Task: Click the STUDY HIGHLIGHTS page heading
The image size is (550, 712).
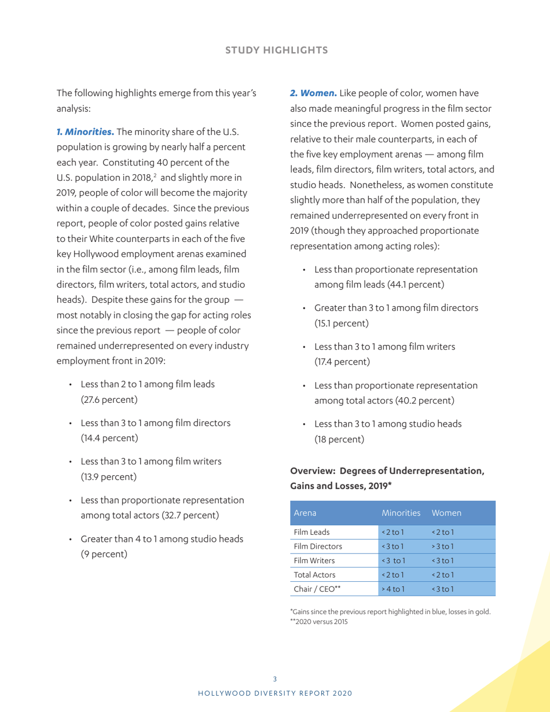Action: click(x=276, y=50)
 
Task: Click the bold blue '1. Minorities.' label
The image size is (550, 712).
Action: click(x=85, y=132)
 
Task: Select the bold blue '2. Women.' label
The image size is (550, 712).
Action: click(x=313, y=93)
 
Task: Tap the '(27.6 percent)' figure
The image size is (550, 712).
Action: click(x=109, y=399)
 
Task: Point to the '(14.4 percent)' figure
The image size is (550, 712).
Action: click(x=109, y=438)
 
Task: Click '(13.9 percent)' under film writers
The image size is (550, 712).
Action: click(x=109, y=477)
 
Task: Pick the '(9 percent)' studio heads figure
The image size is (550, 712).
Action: click(x=104, y=554)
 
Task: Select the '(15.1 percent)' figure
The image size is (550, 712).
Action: click(x=342, y=323)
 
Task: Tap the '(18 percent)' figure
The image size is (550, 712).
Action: click(x=339, y=439)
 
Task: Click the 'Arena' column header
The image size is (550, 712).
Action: click(x=305, y=513)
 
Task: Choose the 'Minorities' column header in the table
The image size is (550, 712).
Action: click(x=401, y=513)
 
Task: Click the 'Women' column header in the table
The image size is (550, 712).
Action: click(x=446, y=513)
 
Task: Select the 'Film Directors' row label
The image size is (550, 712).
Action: click(x=318, y=546)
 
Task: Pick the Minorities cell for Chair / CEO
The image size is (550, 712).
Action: click(x=393, y=589)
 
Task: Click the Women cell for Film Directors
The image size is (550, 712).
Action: click(x=443, y=546)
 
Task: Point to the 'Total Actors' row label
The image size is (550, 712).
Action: click(x=314, y=575)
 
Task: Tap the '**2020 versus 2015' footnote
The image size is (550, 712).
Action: click(x=318, y=622)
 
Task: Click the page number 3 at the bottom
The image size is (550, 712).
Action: click(x=275, y=679)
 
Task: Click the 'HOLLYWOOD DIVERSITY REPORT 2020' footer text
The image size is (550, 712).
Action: click(x=275, y=693)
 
